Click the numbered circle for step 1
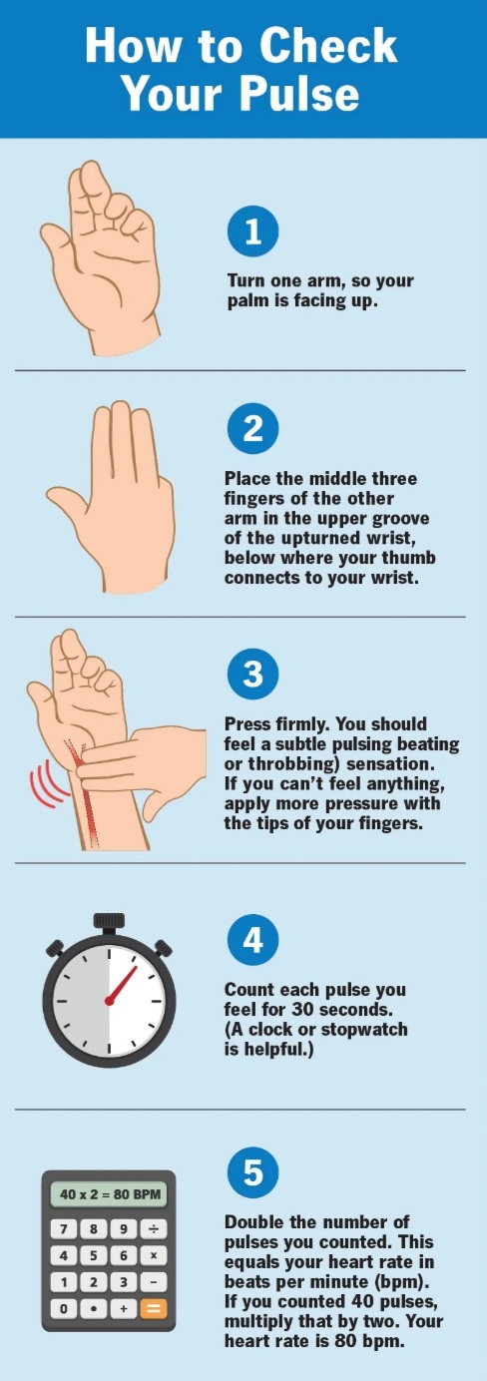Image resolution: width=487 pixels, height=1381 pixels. coord(252,231)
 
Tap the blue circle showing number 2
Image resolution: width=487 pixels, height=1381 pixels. coord(252,428)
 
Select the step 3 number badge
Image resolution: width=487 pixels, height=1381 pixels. coord(252,674)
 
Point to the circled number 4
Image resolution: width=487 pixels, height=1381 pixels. coord(252,940)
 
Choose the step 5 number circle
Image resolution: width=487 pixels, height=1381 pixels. coord(252,1172)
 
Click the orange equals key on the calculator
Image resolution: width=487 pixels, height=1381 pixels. coord(154,1308)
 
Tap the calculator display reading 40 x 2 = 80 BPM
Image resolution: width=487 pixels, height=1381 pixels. coord(109,1194)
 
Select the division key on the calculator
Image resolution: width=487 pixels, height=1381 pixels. coord(154,1229)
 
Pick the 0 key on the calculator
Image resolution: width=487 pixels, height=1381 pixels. coord(64,1308)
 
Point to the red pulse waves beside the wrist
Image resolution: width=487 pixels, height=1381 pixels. coord(45,783)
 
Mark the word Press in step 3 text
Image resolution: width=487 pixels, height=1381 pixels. coord(244,723)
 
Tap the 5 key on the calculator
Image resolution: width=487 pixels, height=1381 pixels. coord(94,1256)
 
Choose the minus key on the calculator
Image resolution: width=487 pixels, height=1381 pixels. coord(154,1282)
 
